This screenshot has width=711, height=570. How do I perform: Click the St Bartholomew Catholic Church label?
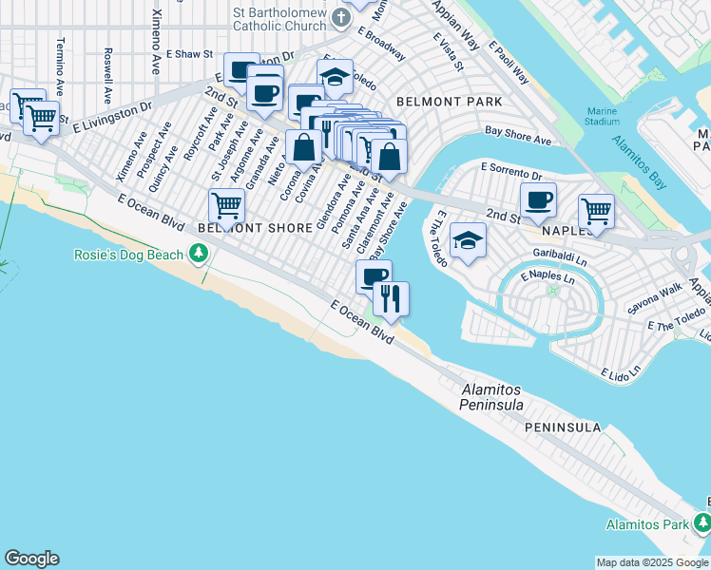280,19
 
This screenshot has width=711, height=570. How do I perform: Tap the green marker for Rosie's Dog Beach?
198,253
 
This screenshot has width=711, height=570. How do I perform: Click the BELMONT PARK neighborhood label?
449,101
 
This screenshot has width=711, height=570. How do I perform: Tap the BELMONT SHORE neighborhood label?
255,228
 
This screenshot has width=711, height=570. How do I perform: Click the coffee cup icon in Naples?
539,199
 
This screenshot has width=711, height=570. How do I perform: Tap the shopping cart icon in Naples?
596,210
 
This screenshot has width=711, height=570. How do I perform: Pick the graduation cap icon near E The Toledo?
468,239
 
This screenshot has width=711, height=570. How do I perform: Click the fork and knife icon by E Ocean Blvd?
391,298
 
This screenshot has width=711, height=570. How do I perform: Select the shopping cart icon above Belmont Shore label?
226,204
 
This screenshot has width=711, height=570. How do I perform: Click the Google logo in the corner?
31,559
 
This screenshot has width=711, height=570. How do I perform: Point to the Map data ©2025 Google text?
651,562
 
